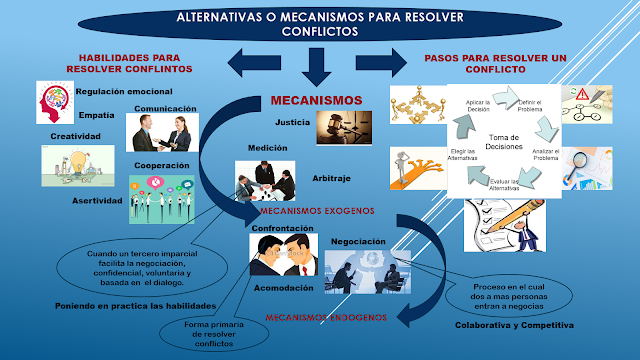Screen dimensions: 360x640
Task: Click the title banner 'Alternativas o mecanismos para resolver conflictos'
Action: (x=319, y=24)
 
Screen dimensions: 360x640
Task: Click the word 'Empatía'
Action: (x=95, y=115)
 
